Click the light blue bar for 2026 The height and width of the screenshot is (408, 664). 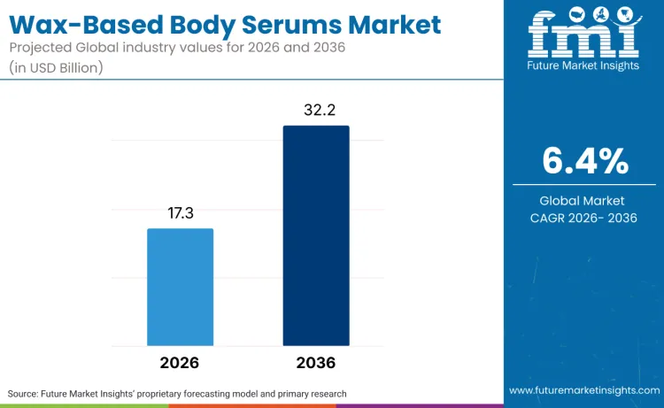tap(180, 287)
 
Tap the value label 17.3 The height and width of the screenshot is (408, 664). tap(180, 213)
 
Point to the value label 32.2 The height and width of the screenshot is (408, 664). tap(316, 110)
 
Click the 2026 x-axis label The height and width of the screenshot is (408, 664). tap(180, 363)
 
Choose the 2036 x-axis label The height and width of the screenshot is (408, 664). tap(316, 363)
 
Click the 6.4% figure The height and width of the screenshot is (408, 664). tap(584, 162)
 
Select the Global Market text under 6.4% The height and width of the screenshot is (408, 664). tap(583, 201)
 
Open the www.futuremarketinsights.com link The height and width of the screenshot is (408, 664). tap(583, 390)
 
